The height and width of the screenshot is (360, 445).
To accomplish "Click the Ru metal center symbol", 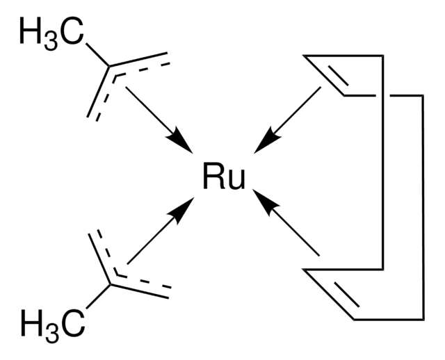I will tap(224, 179).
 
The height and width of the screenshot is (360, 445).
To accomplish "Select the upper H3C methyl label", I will tap(51, 33).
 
